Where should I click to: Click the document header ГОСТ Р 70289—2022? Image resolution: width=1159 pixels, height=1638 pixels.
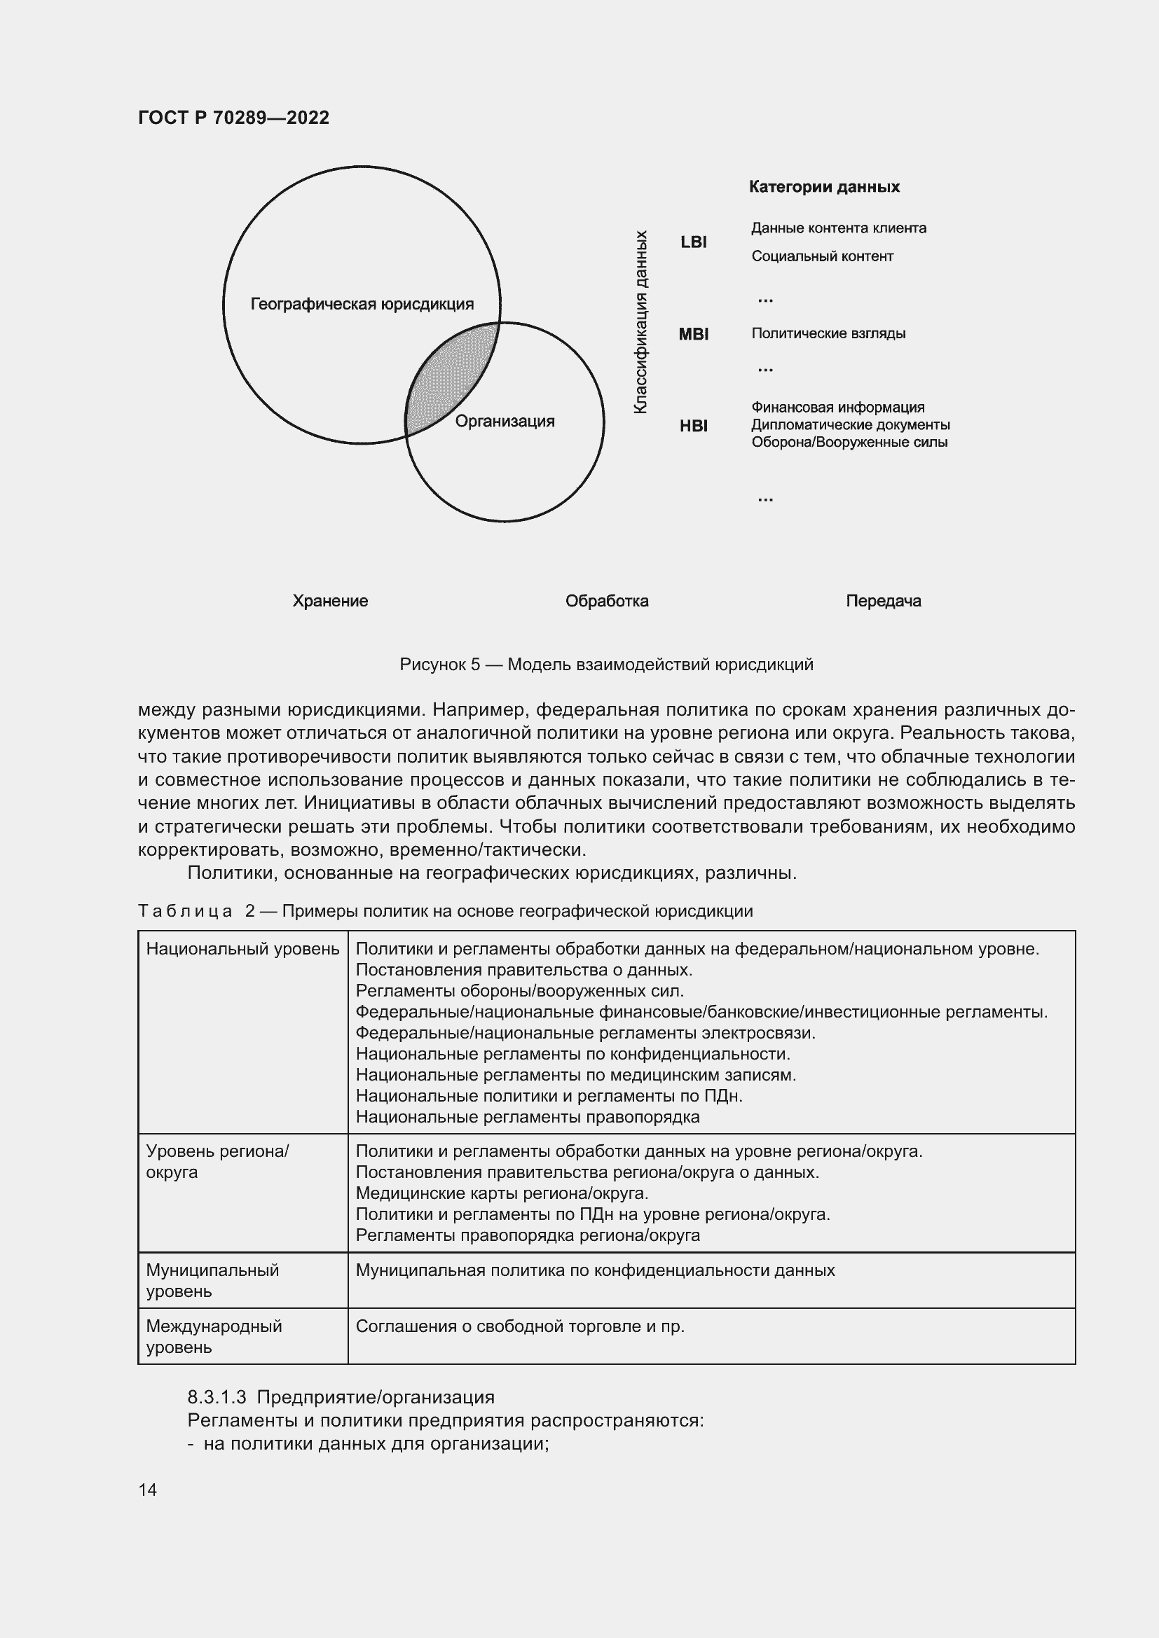pos(233,118)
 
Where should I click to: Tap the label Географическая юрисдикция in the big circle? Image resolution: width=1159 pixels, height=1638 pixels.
pos(362,305)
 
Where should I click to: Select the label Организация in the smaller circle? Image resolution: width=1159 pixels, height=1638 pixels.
pos(505,421)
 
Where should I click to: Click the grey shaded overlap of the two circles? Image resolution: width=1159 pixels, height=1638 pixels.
pos(448,382)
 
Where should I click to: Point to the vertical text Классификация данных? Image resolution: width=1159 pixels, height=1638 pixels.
pos(640,321)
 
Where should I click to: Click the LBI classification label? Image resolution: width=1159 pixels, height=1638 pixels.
pos(693,242)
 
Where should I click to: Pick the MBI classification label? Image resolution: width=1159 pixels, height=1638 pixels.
pos(693,334)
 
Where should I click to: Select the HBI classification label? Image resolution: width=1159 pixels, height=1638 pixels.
pos(693,426)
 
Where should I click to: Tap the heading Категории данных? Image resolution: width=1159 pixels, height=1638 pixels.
pos(823,187)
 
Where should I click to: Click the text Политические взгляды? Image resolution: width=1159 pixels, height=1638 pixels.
pos(828,333)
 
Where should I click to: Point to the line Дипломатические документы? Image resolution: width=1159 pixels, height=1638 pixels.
pos(850,425)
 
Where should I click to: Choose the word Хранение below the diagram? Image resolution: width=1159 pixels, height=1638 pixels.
pos(330,601)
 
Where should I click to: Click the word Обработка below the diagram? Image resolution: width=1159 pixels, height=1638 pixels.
pos(607,601)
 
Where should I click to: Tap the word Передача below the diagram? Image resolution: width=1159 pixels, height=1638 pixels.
pos(883,601)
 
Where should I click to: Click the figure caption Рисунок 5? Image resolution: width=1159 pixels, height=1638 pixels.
pos(606,665)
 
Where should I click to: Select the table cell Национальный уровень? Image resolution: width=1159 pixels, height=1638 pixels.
pos(242,949)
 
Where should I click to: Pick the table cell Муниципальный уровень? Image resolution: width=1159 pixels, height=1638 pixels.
pos(213,1280)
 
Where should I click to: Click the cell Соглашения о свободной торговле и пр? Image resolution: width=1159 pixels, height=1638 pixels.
pos(519,1326)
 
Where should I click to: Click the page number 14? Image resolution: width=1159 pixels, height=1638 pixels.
pos(148,1490)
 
